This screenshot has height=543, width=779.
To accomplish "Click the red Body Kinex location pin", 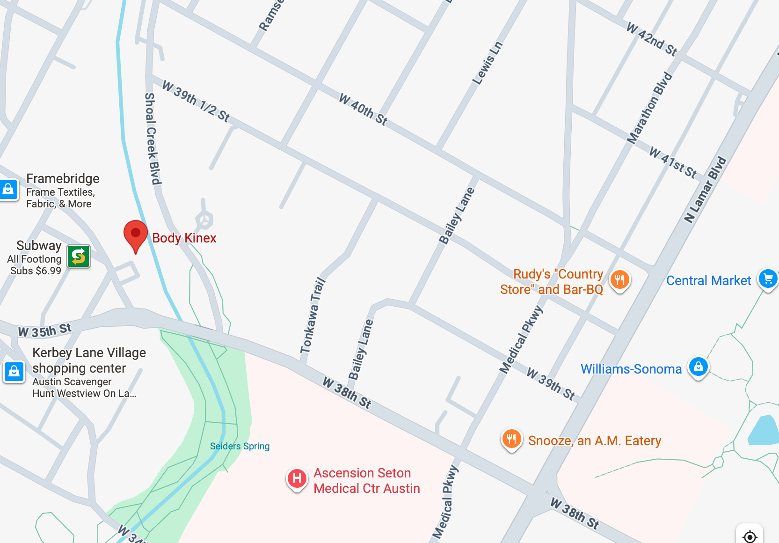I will [136, 234].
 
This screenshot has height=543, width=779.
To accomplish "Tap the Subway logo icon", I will [79, 256].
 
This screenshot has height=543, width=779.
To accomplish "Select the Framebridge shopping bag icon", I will [8, 190].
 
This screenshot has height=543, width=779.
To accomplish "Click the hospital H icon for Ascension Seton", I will [297, 478].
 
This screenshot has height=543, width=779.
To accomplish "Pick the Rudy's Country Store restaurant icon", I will [619, 280].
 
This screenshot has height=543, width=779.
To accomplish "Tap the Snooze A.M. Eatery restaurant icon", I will [511, 439].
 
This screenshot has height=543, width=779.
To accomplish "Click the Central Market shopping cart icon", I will [768, 279].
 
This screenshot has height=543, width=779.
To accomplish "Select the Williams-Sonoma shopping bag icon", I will [698, 367].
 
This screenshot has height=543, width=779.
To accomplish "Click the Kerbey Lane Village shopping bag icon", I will [14, 372].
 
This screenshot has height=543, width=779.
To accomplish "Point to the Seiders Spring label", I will [240, 446].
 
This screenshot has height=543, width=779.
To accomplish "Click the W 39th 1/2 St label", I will [196, 101].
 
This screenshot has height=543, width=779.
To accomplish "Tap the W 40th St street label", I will [363, 110].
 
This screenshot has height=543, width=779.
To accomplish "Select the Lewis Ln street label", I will [488, 63].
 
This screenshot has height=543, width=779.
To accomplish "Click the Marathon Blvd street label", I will [649, 108].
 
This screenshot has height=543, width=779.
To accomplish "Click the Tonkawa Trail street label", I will [313, 315].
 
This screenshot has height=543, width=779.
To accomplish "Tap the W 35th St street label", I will [44, 330].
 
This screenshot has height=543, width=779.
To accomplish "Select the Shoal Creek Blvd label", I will [152, 139].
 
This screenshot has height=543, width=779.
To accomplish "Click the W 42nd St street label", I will [652, 39].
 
